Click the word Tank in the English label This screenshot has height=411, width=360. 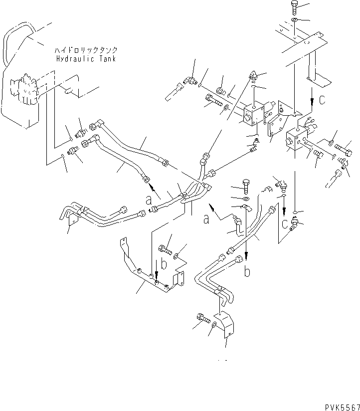(x=107, y=58)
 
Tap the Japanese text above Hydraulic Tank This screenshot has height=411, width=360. (x=86, y=51)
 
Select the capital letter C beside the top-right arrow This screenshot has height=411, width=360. (x=322, y=100)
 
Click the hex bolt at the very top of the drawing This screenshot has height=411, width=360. (x=294, y=7)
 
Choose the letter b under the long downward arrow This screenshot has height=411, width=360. (x=246, y=273)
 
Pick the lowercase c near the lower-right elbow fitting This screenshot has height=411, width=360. (x=284, y=224)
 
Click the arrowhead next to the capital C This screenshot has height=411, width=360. (x=311, y=108)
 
